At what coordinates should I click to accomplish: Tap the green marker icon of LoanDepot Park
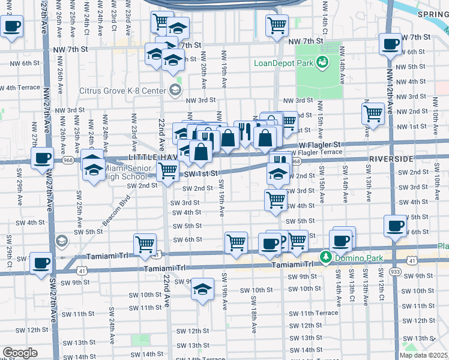pos(322,61)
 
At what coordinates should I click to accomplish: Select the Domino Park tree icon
pos(326,257)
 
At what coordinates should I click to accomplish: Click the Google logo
pos(20,353)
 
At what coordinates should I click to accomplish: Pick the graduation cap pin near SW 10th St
pos(203,287)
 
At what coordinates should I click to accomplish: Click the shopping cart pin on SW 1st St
pos(168,170)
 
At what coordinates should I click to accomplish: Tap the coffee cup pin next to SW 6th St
pos(396,226)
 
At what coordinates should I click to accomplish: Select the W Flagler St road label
pos(320,145)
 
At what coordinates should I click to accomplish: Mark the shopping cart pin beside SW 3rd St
pos(276,199)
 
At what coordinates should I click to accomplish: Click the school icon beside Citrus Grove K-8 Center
pos(175,91)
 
